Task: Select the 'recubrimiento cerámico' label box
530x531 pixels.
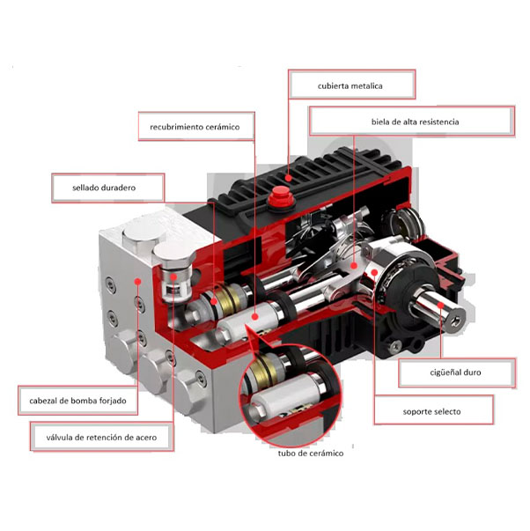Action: (x=196, y=126)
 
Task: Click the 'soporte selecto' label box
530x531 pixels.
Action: (x=433, y=410)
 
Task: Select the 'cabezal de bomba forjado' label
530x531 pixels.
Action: (x=77, y=401)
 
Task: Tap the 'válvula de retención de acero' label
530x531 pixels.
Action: (x=102, y=437)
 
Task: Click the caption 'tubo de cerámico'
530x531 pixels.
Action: (x=311, y=454)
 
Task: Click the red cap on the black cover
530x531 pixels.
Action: (x=281, y=196)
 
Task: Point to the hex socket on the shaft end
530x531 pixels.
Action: (x=456, y=321)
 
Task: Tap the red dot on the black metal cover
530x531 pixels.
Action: (x=288, y=178)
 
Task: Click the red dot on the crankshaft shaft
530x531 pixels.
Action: (x=440, y=305)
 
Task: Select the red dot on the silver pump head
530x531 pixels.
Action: (x=137, y=281)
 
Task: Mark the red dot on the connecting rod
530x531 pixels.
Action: (x=354, y=266)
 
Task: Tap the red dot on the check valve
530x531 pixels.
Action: (x=173, y=277)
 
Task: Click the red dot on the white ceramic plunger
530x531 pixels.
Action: (x=255, y=317)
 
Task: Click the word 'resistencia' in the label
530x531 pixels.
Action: (x=439, y=122)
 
